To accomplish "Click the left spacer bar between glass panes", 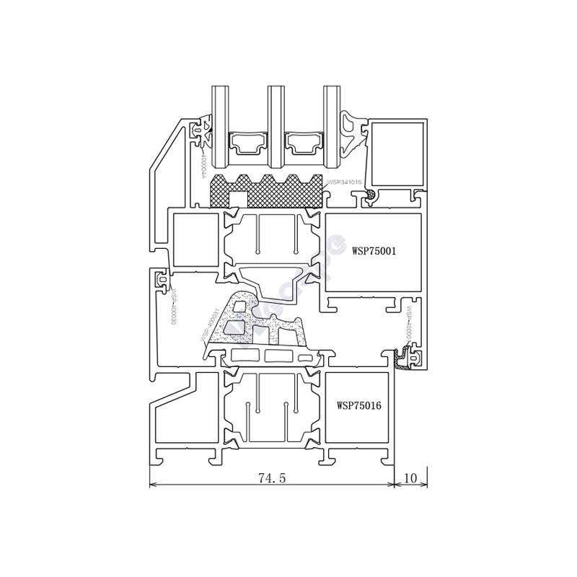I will click(x=247, y=144).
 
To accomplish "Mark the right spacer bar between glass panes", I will click(x=304, y=144).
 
